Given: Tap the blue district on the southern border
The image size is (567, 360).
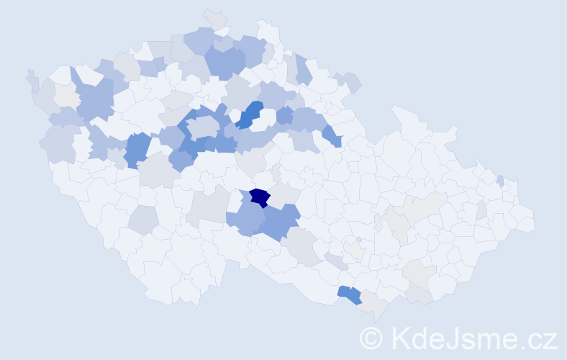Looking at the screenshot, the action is (350, 294).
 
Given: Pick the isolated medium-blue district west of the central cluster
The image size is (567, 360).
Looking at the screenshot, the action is (136, 149).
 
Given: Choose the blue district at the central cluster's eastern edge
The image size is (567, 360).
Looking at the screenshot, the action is (332, 135).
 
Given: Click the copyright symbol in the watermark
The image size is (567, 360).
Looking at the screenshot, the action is (371, 338).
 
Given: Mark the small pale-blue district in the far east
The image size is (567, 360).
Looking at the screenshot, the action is (500, 181).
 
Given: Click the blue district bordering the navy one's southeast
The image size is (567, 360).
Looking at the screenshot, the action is (281, 223).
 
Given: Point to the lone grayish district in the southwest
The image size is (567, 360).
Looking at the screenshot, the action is (144, 220).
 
